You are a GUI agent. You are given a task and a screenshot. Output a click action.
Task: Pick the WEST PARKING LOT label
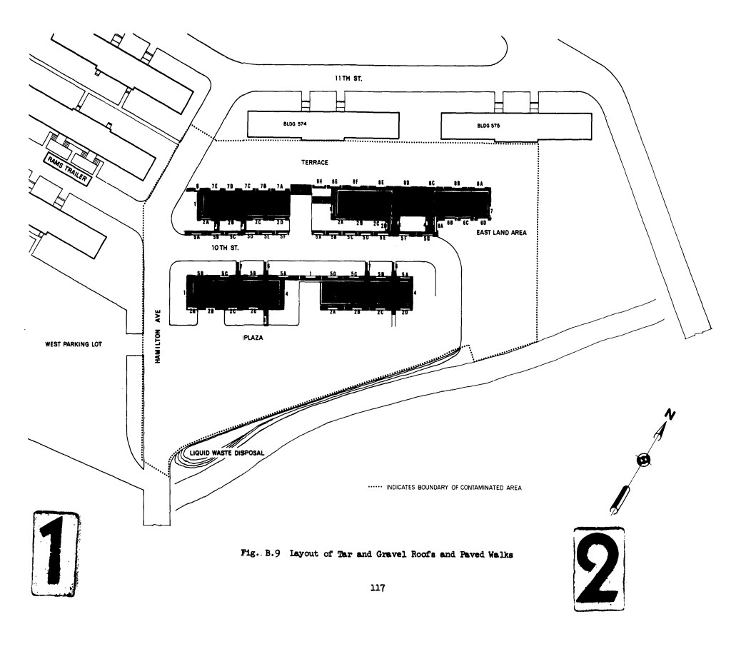pyautogui.click(x=74, y=344)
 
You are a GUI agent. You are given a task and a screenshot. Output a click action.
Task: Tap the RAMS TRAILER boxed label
pyautogui.click(x=68, y=170)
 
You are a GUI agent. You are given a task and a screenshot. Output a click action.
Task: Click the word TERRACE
pyautogui.click(x=314, y=163)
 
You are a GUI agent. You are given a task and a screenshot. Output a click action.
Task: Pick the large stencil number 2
pyautogui.click(x=599, y=569)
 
